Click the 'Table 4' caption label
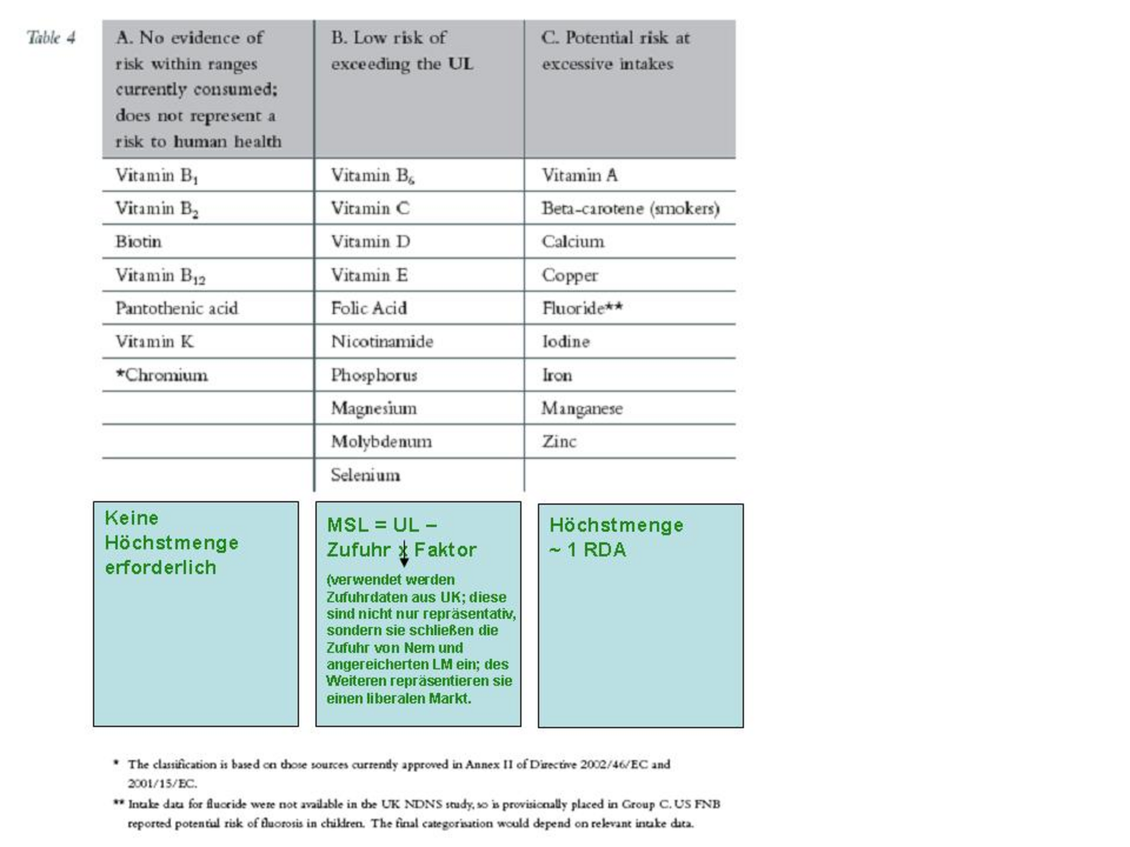51,38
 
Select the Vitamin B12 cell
160,275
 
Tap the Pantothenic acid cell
177,308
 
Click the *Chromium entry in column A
162,375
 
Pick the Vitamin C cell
370,208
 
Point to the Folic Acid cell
368,308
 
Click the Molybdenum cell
381,442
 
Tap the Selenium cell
365,475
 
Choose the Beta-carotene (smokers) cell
630,209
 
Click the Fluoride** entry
582,308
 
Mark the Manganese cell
581,408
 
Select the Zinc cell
559,442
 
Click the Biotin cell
138,242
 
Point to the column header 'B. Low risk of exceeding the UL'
402,51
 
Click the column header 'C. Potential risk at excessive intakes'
615,51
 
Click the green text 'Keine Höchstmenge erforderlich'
171,542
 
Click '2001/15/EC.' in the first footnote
162,783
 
